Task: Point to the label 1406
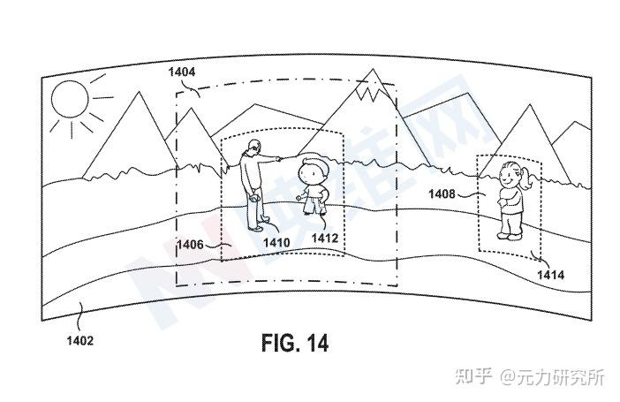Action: tap(191, 245)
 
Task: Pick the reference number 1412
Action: tap(325, 239)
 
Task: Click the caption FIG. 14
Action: tap(295, 343)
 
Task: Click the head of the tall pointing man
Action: tap(254, 148)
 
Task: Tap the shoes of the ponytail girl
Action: tap(509, 235)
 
